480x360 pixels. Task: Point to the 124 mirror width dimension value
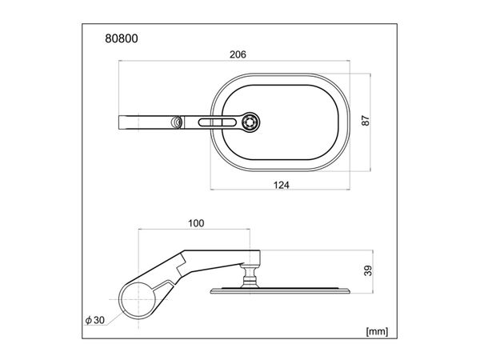coord(280,184)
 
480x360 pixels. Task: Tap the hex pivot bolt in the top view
coord(251,122)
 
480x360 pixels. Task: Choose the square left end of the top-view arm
coord(125,122)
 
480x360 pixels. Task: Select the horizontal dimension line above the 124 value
coord(280,190)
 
